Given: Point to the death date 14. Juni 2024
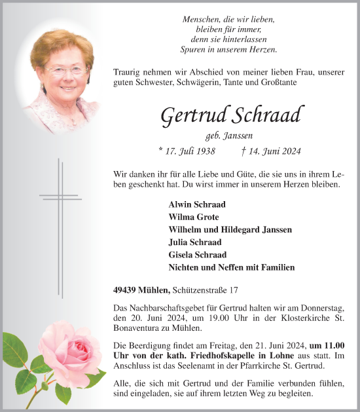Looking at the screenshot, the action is (x=271, y=151).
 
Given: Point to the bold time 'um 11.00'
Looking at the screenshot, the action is (x=327, y=346).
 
